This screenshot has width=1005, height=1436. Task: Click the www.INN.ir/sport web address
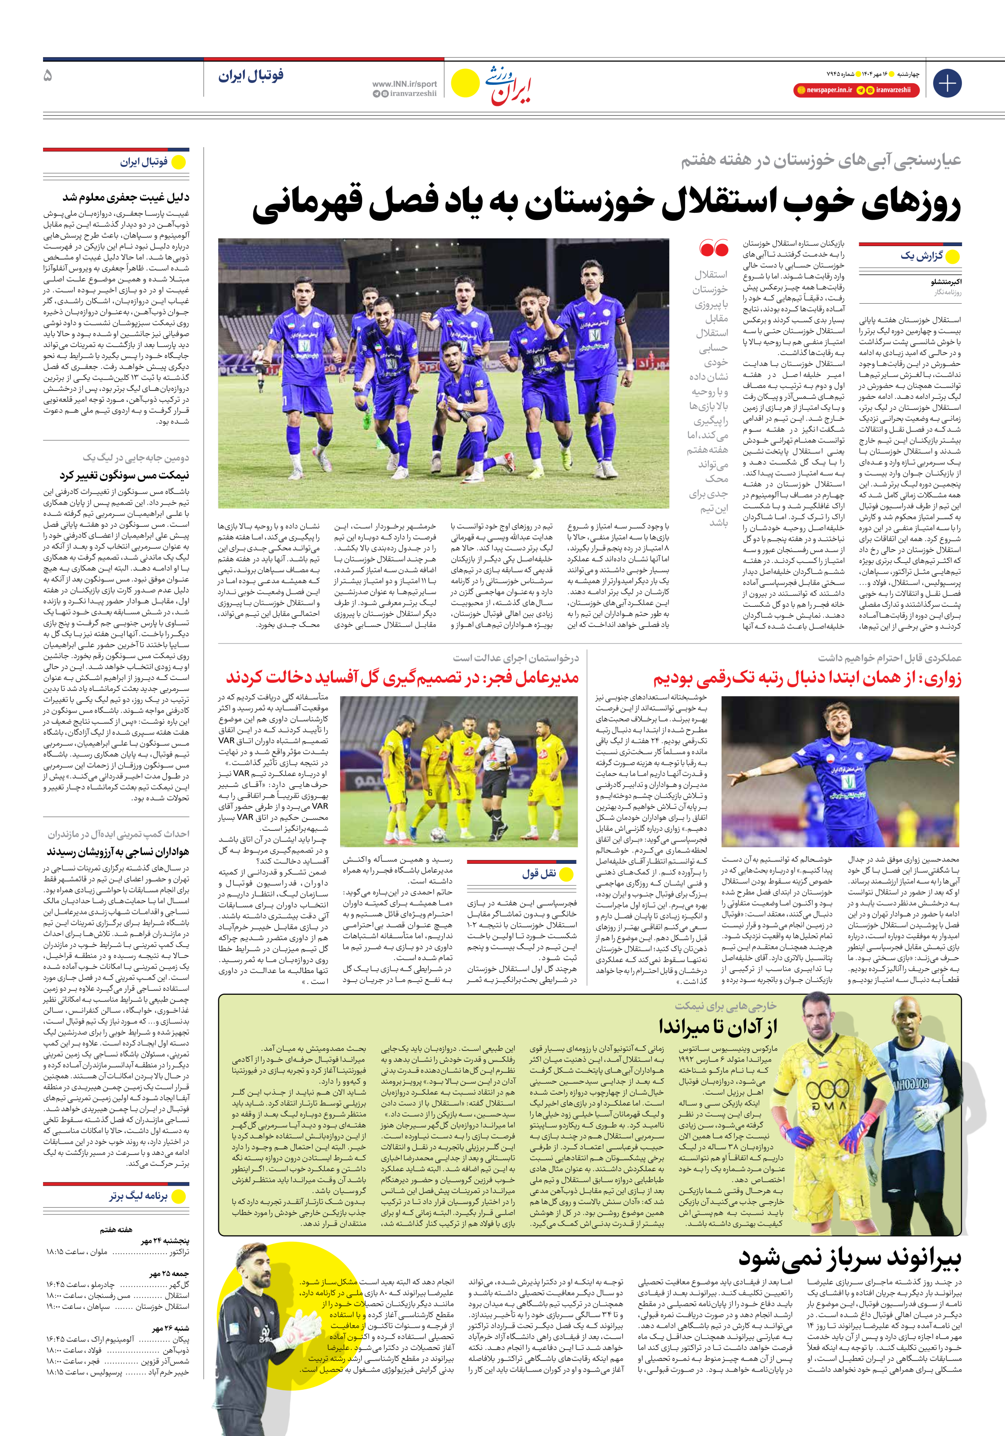point(404,84)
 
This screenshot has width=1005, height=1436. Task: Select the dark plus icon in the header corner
point(947,83)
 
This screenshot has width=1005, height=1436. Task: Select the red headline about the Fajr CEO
point(402,677)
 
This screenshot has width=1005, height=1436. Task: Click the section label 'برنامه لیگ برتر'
point(138,1196)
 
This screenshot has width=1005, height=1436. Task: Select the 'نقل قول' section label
point(539,874)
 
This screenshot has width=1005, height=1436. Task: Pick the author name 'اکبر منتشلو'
point(946,282)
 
